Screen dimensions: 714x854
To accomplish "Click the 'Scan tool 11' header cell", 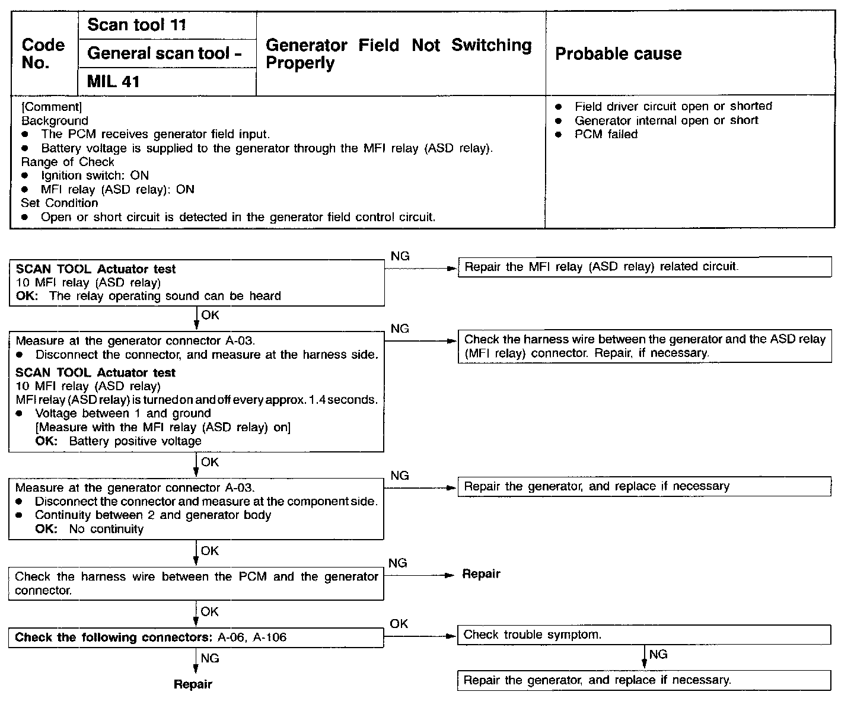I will coord(136,25).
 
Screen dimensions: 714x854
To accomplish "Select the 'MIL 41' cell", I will coord(113,81).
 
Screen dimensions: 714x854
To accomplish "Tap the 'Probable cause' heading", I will coord(618,54).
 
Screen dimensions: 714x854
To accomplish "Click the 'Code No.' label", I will coord(43,53).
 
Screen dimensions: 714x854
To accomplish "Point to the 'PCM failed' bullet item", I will coord(606,135).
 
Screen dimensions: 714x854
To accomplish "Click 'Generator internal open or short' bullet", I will coord(666,120).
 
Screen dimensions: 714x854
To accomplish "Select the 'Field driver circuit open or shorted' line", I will coord(673,106).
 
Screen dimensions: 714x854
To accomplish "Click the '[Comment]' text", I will coord(52,107).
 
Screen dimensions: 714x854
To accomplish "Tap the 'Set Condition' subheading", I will coord(59,203).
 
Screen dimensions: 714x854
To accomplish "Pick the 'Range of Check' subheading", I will coord(68,162).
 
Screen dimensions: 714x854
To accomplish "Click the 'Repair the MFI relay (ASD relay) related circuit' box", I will coord(644,267).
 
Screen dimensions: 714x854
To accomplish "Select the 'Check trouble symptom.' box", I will coord(644,635).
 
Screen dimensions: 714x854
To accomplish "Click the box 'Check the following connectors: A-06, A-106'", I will coord(196,638).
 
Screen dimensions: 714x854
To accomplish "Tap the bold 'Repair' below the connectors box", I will coord(193,684).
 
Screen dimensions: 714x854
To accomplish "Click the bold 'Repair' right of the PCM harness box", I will coord(481,574).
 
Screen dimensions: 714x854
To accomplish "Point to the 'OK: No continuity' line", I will coord(89,529).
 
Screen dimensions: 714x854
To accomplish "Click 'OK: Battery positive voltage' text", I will coord(118,441).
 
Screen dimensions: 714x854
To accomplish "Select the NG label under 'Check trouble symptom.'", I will coord(658,654).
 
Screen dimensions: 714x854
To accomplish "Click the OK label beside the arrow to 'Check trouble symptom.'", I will coord(399,624).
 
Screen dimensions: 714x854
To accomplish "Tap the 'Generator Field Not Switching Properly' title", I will coord(399,54).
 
